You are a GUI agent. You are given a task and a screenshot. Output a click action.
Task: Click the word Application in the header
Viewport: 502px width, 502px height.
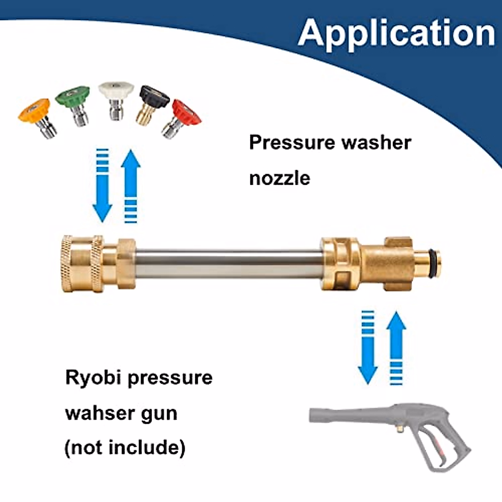397,33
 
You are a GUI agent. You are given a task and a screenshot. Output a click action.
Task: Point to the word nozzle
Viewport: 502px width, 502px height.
279,178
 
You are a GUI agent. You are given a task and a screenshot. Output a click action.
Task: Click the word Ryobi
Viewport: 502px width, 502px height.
93,378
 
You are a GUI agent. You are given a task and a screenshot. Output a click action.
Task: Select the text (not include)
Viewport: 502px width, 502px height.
125,448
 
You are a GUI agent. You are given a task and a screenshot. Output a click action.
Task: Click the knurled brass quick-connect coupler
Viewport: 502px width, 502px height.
83,264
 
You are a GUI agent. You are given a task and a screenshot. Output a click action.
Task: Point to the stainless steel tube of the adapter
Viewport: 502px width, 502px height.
228,264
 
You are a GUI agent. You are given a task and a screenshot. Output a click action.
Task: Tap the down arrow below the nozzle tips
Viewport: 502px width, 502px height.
102,186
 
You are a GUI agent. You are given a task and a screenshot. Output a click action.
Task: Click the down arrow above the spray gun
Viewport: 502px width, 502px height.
368,347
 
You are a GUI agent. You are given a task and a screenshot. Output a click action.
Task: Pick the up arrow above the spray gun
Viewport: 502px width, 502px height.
396,347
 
